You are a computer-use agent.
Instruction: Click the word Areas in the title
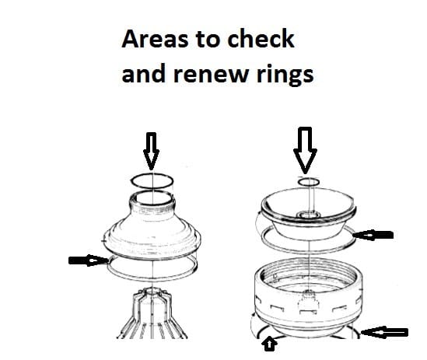(x=155, y=39)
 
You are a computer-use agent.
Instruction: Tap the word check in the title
(x=261, y=38)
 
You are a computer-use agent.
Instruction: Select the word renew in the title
(x=212, y=75)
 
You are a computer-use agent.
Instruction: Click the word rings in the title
(x=285, y=75)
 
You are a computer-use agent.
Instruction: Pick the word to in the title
(x=207, y=40)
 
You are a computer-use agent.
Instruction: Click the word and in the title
(x=144, y=73)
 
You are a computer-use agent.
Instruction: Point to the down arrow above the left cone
(x=151, y=151)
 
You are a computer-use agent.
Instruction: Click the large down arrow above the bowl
(x=305, y=150)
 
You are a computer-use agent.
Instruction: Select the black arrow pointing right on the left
(x=89, y=260)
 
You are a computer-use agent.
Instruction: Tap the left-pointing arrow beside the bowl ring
(x=373, y=235)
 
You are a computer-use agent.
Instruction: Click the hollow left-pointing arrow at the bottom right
(x=384, y=332)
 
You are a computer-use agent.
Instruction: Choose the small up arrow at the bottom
(x=269, y=344)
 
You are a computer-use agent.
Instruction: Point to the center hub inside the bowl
(x=308, y=215)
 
